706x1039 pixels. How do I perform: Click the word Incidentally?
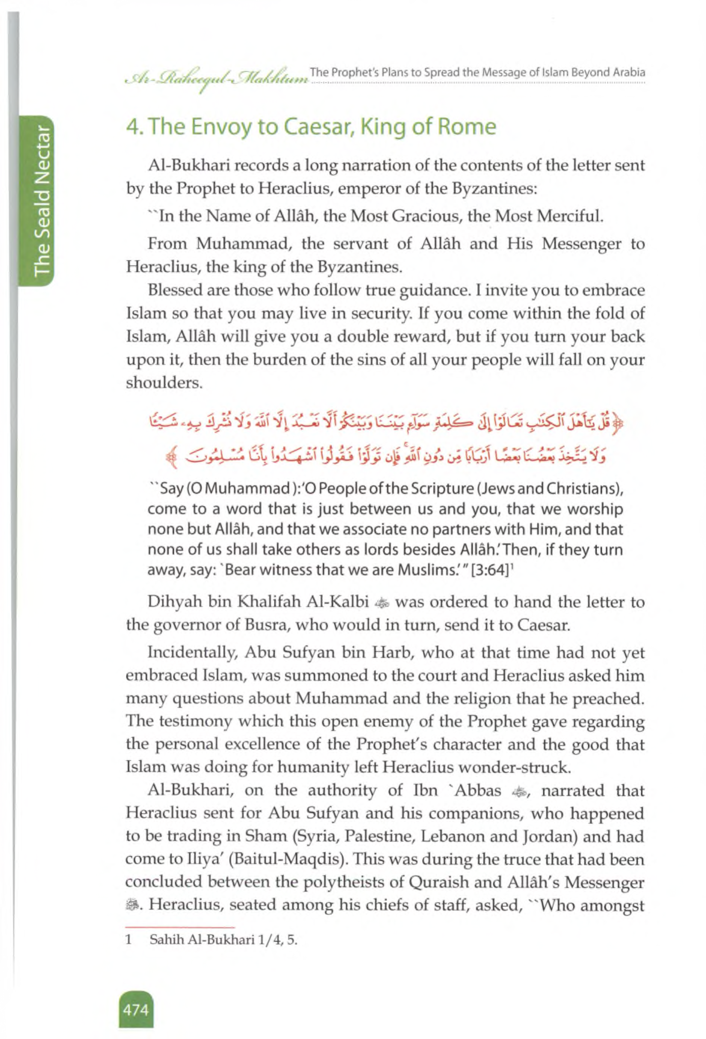point(192,653)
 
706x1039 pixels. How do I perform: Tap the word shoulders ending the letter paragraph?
point(164,383)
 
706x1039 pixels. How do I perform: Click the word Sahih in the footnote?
point(163,940)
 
